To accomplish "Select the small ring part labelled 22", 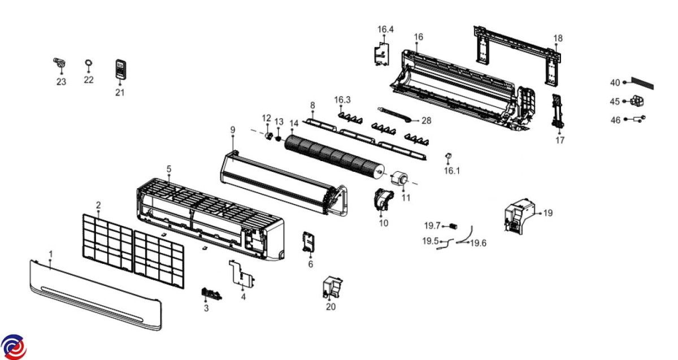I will [89, 63].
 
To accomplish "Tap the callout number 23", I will [61, 82].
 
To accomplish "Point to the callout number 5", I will [168, 169].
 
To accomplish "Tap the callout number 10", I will [384, 223].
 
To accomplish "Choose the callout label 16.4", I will [386, 29].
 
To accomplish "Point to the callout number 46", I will [615, 120].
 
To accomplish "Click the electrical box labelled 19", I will [518, 215].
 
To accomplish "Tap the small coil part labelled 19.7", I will [452, 225].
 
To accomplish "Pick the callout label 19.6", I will [479, 243].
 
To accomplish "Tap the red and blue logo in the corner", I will [13, 346].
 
